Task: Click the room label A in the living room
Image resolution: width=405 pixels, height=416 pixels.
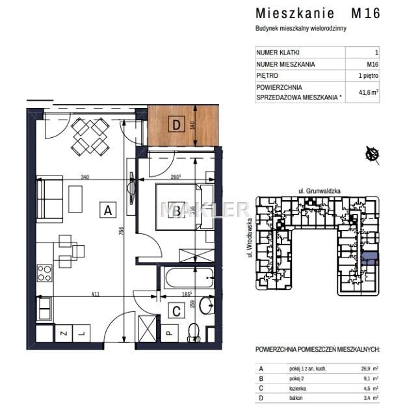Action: [108, 209]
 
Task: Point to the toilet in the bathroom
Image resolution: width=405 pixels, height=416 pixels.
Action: [192, 332]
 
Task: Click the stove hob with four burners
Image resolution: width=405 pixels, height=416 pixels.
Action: [44, 274]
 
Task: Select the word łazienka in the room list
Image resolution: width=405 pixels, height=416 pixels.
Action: [298, 388]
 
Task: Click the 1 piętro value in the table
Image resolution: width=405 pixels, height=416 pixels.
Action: [368, 75]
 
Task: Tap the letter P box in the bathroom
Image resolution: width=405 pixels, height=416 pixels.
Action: [168, 333]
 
